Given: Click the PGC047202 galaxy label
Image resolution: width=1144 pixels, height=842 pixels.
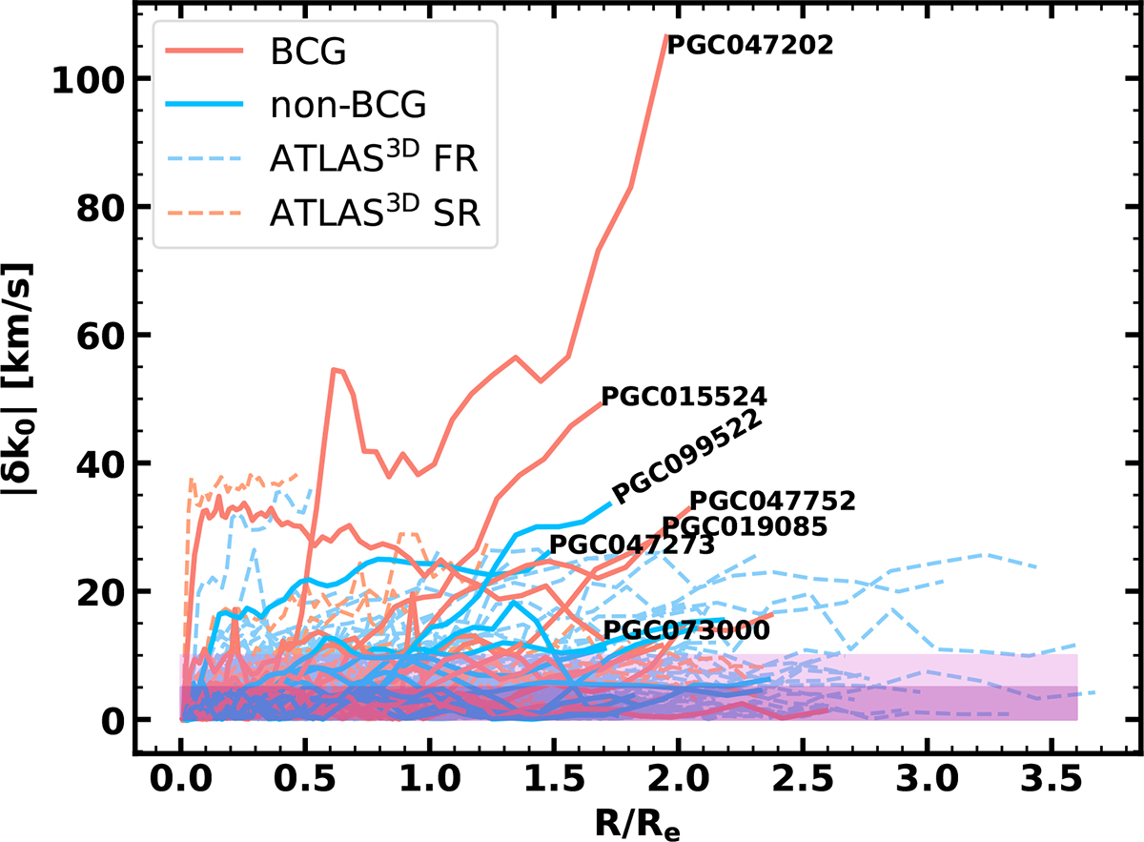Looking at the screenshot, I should [749, 45].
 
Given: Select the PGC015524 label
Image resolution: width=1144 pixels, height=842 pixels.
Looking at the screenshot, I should [684, 397].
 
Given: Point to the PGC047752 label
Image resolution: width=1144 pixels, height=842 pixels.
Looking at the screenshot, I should [772, 501].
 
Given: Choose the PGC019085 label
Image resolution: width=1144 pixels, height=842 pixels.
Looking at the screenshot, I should [744, 526].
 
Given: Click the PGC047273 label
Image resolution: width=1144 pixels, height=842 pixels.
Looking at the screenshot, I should [632, 546].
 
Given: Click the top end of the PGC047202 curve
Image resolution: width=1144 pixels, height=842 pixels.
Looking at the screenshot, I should [664, 35].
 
